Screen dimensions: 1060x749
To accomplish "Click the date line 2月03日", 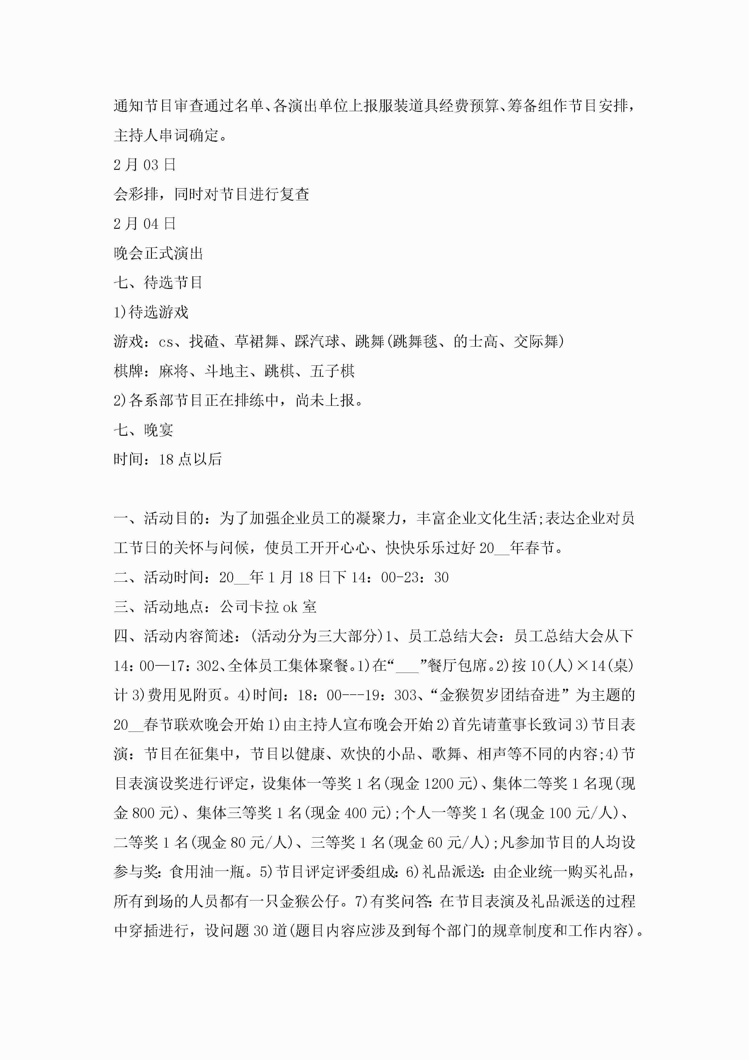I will point(144,165).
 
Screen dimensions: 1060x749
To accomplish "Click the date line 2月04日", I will point(144,224).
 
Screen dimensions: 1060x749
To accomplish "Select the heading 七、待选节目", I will point(158,283).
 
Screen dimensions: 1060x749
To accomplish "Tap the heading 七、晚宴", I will point(143,430).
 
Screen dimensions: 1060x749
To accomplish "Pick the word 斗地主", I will point(227,371).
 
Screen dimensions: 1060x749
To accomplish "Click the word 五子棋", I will point(332,371).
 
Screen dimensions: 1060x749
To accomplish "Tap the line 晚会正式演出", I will point(158,253).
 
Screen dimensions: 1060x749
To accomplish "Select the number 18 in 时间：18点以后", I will point(166,459).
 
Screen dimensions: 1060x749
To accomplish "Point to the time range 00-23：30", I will point(415,577).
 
